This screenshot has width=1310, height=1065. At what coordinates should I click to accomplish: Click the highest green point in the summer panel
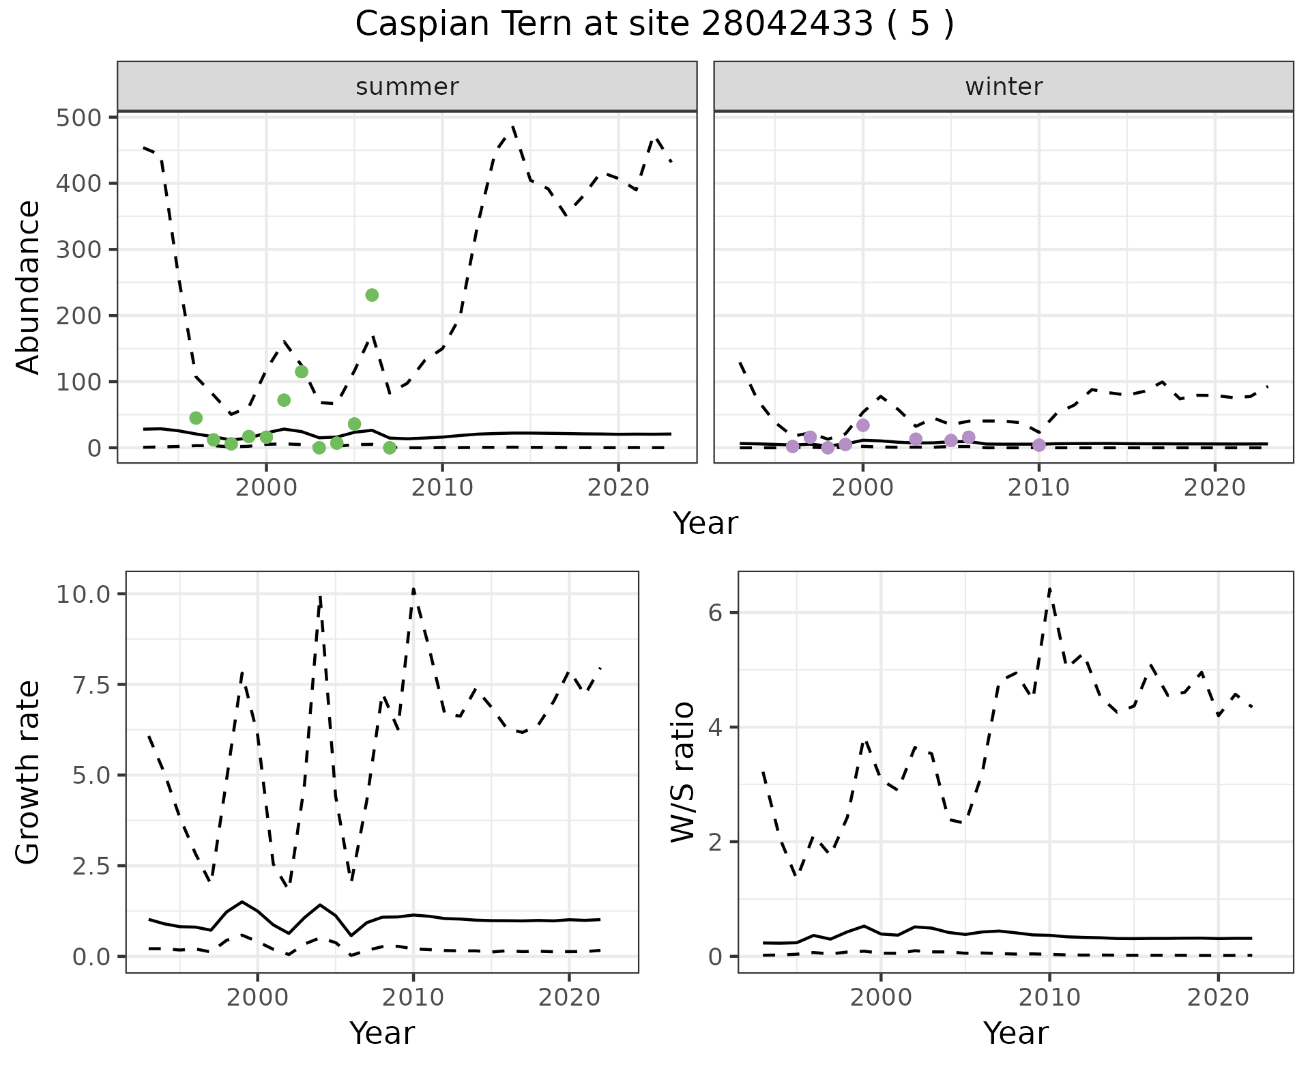(x=372, y=295)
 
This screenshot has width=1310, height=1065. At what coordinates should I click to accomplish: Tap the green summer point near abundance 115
(x=302, y=371)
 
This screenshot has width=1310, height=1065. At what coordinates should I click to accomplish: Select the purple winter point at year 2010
(x=1039, y=445)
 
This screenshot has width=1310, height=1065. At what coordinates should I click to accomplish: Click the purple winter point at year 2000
(x=863, y=425)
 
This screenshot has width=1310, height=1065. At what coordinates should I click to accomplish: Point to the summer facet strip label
(x=407, y=87)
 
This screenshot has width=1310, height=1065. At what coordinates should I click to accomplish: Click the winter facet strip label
(x=1004, y=87)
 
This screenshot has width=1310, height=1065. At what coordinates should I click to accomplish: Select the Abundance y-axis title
(x=29, y=287)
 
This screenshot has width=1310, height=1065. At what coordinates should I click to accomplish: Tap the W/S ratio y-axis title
(x=682, y=772)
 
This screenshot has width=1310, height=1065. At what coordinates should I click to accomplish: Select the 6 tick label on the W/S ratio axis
(x=715, y=612)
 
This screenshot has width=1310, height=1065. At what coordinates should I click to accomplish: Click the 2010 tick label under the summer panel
(x=442, y=487)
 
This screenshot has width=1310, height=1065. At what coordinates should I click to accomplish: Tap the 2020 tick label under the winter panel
(x=1214, y=487)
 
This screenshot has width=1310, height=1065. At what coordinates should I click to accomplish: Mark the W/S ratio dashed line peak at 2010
(x=1049, y=588)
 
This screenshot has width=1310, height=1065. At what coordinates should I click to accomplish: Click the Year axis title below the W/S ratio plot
(x=1016, y=1034)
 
